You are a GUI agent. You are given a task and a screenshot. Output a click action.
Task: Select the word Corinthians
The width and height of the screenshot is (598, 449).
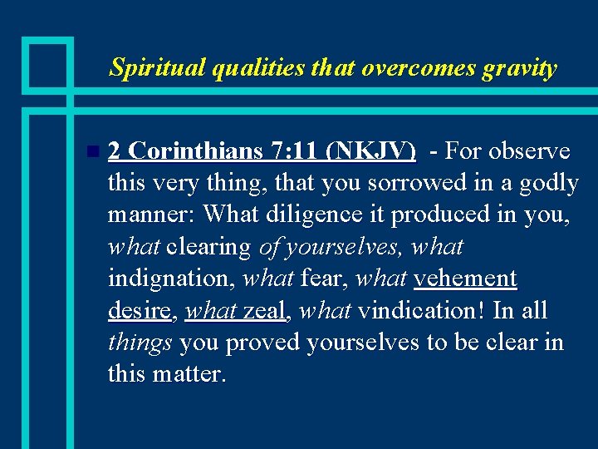coord(196,151)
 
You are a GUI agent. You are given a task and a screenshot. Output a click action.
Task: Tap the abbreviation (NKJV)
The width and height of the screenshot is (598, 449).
coord(371,151)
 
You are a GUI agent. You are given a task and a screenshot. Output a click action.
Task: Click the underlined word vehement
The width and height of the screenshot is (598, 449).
coord(465,279)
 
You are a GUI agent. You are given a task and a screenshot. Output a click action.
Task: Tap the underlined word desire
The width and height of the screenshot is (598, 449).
coord(139,310)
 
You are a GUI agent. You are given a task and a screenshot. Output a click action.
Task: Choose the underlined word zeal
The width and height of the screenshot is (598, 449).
coord(264,310)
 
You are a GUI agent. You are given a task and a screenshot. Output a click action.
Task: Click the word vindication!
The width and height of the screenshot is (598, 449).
coord(424,310)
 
